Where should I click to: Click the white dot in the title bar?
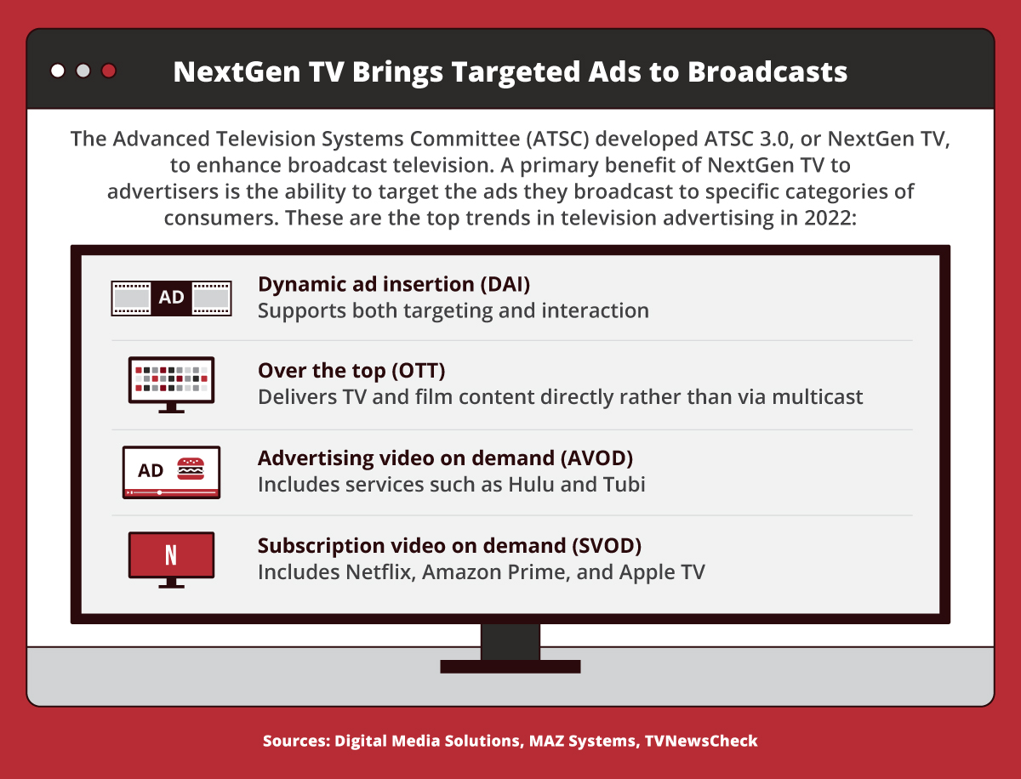pyautogui.click(x=58, y=71)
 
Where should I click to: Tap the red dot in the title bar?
pyautogui.click(x=109, y=71)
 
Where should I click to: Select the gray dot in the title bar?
pyautogui.click(x=83, y=71)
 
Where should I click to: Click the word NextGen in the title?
pyautogui.click(x=237, y=72)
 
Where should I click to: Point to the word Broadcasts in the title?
pyautogui.click(x=767, y=72)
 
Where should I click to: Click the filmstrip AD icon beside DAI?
pyautogui.click(x=171, y=298)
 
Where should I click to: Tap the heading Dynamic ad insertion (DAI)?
pyautogui.click(x=394, y=284)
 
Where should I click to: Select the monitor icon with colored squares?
pyautogui.click(x=171, y=385)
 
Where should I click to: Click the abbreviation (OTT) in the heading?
pyautogui.click(x=419, y=371)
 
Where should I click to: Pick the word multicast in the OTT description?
pyautogui.click(x=818, y=397)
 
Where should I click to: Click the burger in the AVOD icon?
pyautogui.click(x=191, y=469)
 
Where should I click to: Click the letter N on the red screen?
pyautogui.click(x=171, y=555)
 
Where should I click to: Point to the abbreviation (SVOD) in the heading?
pyautogui.click(x=607, y=546)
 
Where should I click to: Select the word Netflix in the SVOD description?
pyautogui.click(x=380, y=572)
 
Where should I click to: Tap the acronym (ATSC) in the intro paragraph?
pyautogui.click(x=557, y=139)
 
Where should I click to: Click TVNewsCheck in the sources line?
pyautogui.click(x=701, y=741)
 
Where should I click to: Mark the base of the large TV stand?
pyautogui.click(x=510, y=667)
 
